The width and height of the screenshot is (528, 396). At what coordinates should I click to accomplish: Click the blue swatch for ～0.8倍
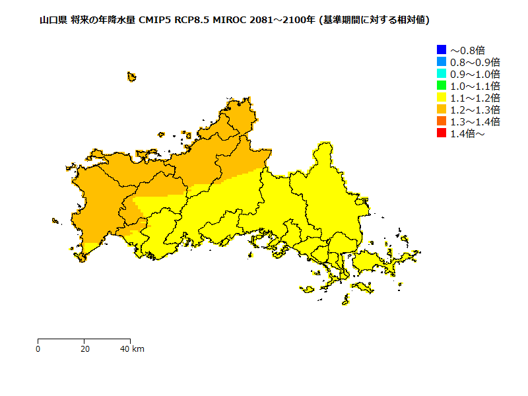tap(442, 49)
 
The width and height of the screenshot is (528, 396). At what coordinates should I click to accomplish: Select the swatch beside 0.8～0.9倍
tap(442, 61)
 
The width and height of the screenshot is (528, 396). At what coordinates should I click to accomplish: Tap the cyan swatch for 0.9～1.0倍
tap(442, 73)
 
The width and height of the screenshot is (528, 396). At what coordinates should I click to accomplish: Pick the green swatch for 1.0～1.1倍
tap(442, 85)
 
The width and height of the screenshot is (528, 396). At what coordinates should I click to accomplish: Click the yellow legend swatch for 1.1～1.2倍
tap(442, 98)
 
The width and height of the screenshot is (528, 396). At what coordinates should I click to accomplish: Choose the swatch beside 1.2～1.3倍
tap(442, 110)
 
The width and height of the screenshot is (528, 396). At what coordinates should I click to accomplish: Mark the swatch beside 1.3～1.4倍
tap(442, 121)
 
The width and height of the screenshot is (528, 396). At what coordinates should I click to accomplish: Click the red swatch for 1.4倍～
tap(442, 133)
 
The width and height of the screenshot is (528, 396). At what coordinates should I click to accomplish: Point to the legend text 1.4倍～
tap(467, 134)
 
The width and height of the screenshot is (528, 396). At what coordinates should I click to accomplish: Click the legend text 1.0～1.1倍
tap(475, 86)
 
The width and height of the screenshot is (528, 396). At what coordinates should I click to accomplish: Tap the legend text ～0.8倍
tap(467, 50)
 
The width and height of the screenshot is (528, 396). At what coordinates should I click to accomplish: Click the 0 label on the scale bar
tap(38, 348)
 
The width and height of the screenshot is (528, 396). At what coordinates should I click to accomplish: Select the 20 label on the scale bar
tap(84, 348)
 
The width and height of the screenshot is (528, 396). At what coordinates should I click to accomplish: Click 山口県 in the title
tap(53, 20)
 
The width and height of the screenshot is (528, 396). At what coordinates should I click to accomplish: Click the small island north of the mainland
tap(131, 77)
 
